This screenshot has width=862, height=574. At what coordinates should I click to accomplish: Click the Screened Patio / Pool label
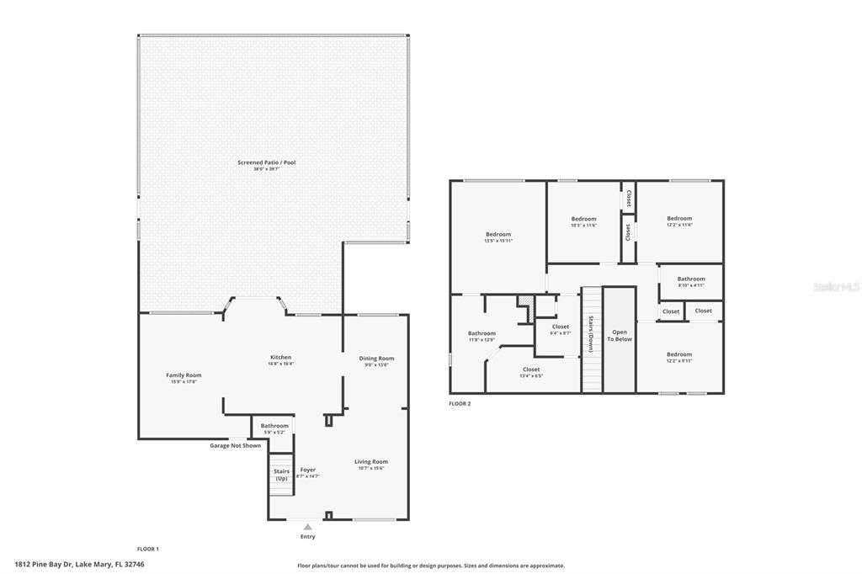tap(266, 162)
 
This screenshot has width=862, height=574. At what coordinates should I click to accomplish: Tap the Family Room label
tap(184, 375)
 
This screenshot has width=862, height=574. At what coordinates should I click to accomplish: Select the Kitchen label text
tap(280, 357)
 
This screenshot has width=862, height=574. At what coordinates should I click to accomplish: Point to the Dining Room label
tap(376, 359)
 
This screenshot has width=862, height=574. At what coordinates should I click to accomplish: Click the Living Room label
tap(370, 462)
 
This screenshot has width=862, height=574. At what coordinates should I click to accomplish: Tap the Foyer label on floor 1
tap(307, 470)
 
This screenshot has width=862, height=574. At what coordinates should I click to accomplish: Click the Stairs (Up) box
tap(281, 475)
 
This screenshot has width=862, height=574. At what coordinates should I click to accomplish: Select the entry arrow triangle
tap(308, 527)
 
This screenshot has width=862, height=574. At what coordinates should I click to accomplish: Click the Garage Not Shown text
tap(235, 445)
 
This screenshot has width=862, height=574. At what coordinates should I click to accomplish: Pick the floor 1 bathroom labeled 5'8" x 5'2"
tap(274, 426)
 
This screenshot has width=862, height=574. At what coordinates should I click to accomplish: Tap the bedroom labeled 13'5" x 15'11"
tap(498, 235)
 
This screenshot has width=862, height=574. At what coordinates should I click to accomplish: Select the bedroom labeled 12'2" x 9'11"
tap(679, 355)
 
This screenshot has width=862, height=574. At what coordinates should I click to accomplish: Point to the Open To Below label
tap(620, 335)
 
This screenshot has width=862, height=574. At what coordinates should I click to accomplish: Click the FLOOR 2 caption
tap(460, 404)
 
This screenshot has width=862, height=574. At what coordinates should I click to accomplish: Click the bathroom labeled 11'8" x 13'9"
tap(482, 334)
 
